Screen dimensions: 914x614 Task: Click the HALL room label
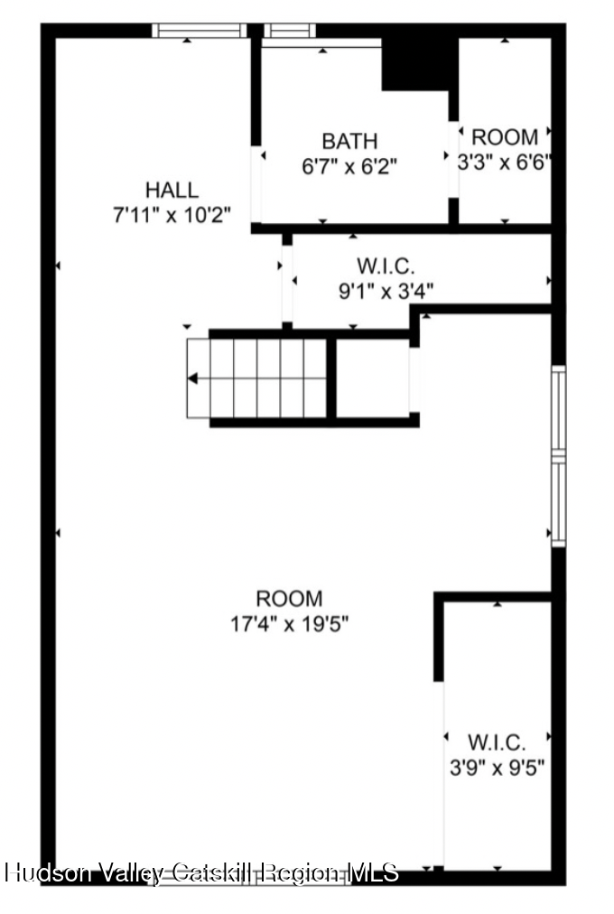coord(172,190)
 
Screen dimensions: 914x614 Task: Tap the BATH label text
coord(349,141)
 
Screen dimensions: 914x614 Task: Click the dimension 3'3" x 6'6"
coord(505,163)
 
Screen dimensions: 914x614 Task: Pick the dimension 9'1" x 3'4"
coord(386,291)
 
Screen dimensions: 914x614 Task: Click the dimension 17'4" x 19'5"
coord(289,623)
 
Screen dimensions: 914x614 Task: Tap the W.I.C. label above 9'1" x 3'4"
coord(386,266)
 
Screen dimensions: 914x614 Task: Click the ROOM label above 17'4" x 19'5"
coord(289,598)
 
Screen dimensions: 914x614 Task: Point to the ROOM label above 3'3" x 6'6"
coord(505,137)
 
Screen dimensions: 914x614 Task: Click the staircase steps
coord(257,378)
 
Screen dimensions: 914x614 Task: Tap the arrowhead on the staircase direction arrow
coord(192,378)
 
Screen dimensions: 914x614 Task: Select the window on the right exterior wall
coord(559,455)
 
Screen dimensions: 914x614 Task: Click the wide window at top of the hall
coord(199,31)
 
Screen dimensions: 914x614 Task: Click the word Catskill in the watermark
coord(212,872)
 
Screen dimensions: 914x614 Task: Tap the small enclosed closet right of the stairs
coord(373,378)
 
